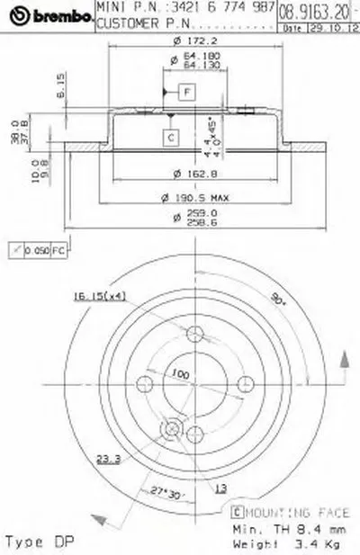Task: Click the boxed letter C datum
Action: (169, 137)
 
